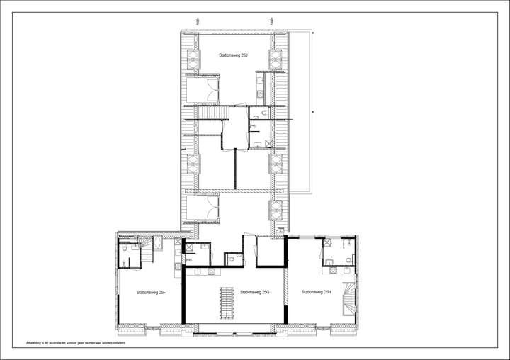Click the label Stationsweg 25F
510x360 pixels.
click(152, 292)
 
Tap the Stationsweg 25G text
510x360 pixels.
click(254, 292)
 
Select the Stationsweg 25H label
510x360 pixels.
click(316, 292)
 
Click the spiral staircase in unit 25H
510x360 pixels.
click(349, 298)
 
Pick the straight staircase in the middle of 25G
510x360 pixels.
click(227, 303)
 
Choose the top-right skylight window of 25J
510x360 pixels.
click(275, 60)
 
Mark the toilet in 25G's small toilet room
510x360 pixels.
click(232, 260)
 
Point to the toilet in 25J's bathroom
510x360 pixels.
click(263, 114)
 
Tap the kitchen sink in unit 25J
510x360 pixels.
click(260, 94)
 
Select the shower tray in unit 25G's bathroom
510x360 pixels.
click(188, 247)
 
